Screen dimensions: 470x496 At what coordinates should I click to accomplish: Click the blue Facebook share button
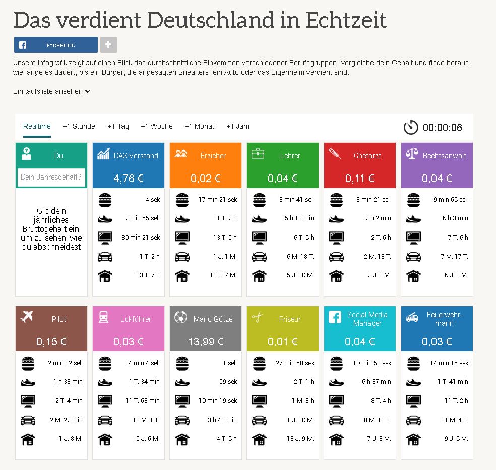tap(55, 45)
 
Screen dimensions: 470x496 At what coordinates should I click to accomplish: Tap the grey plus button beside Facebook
tap(108, 45)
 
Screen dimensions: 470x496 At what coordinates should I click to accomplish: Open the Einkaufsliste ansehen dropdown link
tap(51, 91)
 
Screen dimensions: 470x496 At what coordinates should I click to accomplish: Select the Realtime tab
tap(37, 126)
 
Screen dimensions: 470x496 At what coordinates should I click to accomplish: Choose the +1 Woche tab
tap(156, 126)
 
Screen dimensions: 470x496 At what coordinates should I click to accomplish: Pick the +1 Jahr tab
tap(238, 126)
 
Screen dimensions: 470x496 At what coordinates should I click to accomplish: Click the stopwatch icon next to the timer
tap(411, 127)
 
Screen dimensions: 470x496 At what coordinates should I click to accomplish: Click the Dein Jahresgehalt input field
tap(51, 177)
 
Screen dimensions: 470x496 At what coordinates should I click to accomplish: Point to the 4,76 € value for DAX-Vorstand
tap(128, 178)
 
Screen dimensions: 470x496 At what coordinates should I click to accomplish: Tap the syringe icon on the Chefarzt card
tap(335, 154)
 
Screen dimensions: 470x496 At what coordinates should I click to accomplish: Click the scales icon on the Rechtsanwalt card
tap(412, 154)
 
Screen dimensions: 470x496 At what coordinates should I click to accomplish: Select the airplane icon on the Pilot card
tap(26, 317)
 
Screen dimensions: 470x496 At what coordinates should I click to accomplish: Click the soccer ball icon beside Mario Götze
tap(180, 317)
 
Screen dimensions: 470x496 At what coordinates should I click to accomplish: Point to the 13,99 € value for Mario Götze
tap(205, 341)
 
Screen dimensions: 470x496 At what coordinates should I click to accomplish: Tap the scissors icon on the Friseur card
tap(258, 318)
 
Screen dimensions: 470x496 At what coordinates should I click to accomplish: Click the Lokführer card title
tap(136, 319)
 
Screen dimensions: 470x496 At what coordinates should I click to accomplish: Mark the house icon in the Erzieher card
tap(182, 275)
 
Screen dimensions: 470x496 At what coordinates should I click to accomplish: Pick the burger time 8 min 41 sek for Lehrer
tap(296, 199)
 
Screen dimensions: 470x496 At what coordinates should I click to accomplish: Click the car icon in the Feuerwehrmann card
tap(413, 420)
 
